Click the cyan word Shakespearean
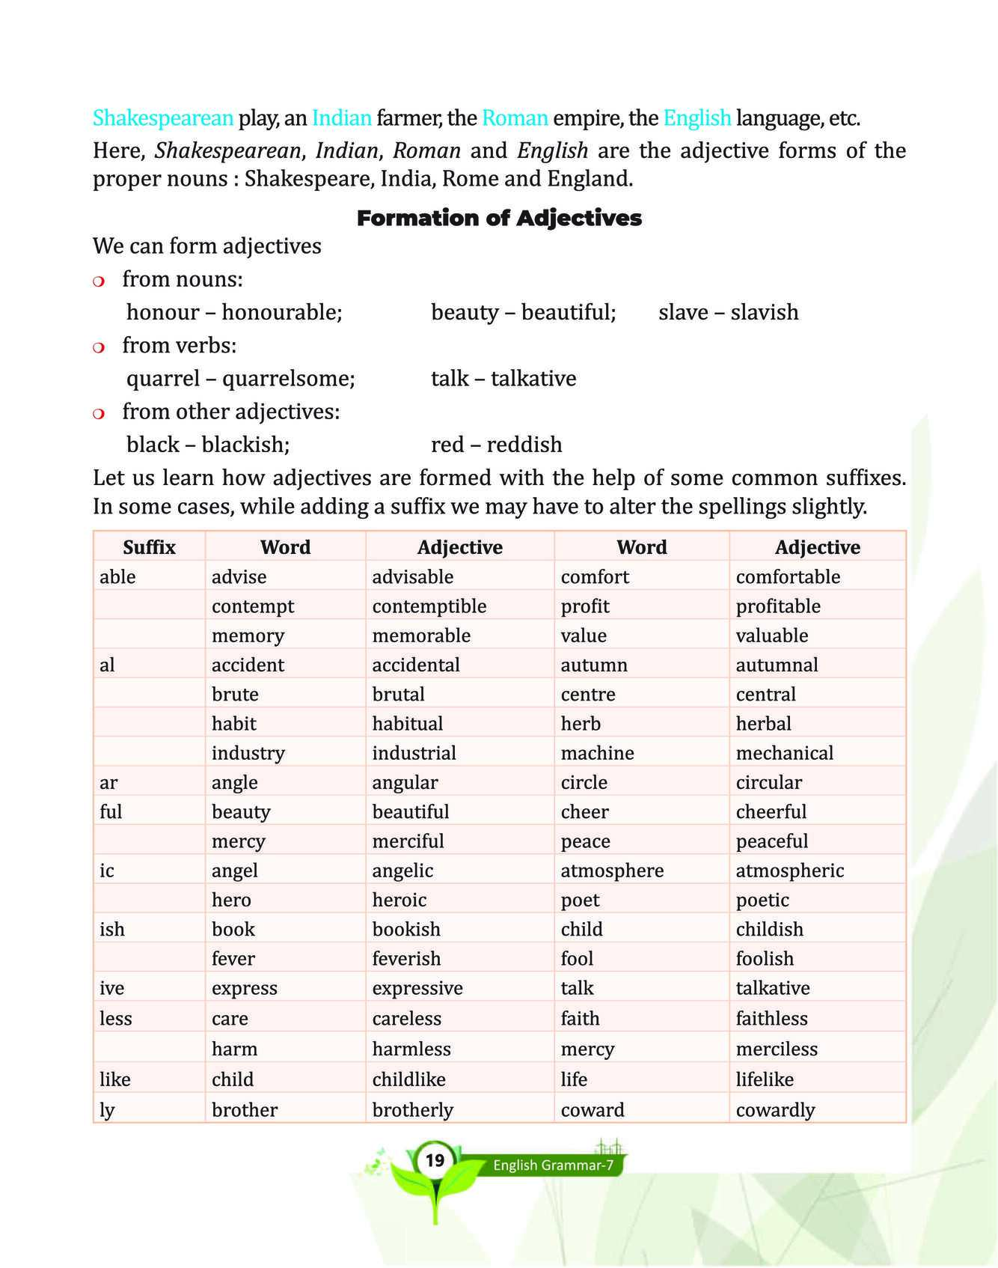[163, 118]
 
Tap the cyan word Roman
[515, 118]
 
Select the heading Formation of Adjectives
[499, 219]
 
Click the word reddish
[524, 445]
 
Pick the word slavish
[764, 312]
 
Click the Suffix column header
[149, 547]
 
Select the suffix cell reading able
[117, 577]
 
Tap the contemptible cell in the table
[429, 606]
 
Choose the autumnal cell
[777, 665]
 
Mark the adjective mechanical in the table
[784, 753]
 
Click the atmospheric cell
[789, 871]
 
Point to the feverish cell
[406, 959]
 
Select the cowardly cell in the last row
[775, 1110]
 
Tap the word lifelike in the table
[765, 1079]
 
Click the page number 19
[435, 1161]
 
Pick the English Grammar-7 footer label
[553, 1165]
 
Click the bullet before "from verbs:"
[98, 347]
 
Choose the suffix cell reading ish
[112, 930]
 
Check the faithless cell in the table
[771, 1019]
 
